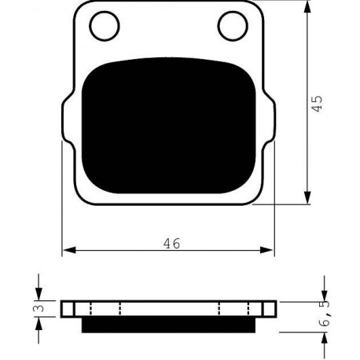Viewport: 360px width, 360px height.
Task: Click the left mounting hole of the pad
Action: tap(105, 26)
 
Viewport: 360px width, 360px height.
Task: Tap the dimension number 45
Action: tap(318, 104)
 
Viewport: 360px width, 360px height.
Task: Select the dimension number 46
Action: tap(172, 244)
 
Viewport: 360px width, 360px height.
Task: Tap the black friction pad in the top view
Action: tap(168, 125)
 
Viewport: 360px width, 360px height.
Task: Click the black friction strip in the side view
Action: tap(168, 325)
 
